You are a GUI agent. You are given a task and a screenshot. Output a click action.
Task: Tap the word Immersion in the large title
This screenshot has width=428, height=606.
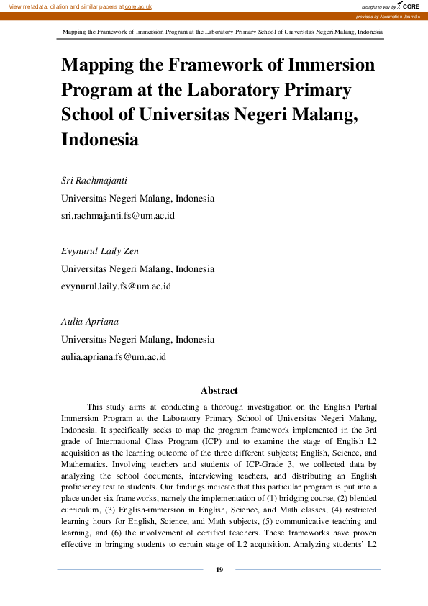[330, 65]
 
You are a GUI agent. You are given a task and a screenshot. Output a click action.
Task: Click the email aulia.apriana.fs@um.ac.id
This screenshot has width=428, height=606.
[114, 356]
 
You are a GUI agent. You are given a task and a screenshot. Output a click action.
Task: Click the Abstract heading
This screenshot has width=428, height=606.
[219, 390]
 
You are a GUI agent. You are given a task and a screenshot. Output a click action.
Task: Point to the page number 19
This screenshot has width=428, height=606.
[219, 570]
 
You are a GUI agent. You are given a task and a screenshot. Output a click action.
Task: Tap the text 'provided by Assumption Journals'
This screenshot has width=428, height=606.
[388, 16]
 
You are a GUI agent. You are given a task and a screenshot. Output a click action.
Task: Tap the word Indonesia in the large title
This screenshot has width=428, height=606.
[100, 139]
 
